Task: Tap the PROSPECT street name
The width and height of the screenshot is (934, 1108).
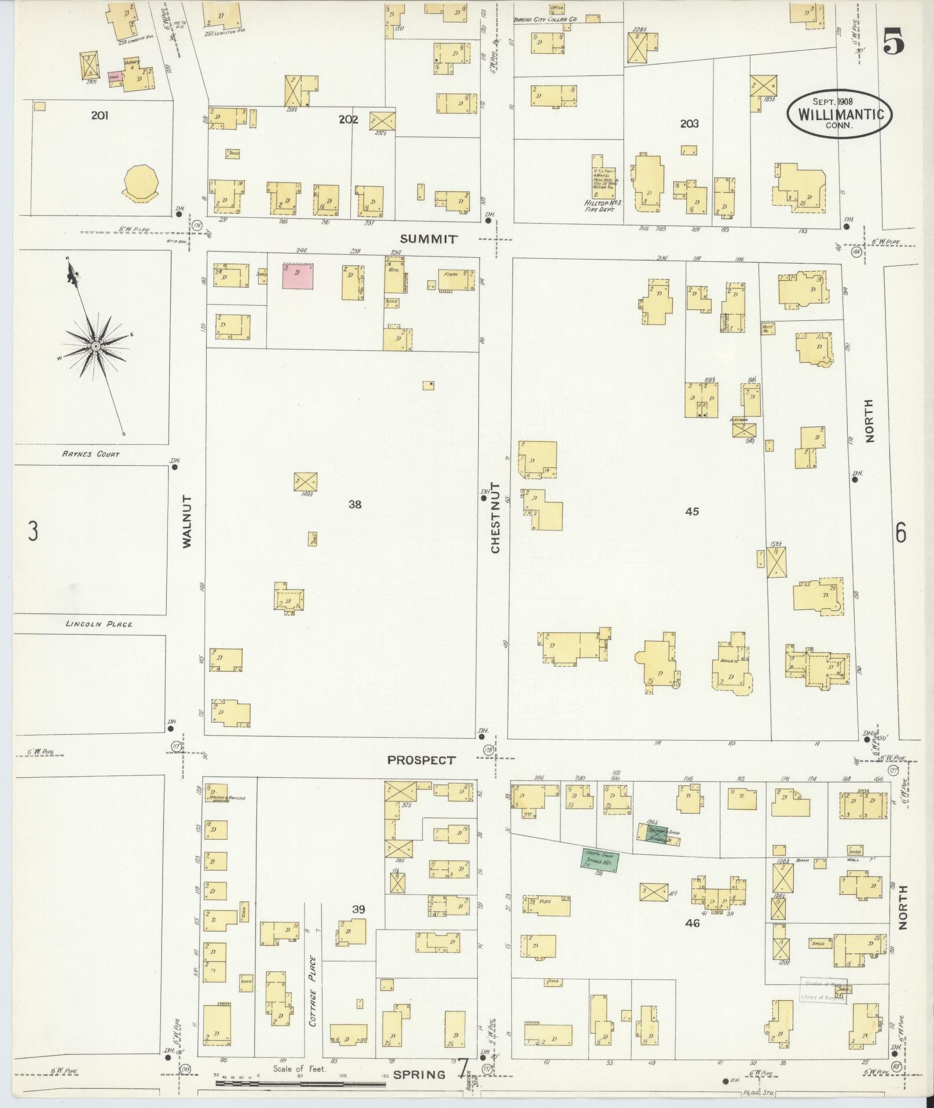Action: click(422, 760)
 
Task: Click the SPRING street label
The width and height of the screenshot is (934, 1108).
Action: click(420, 1075)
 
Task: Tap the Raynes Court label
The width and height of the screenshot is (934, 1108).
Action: click(90, 454)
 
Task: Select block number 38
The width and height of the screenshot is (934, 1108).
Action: click(355, 504)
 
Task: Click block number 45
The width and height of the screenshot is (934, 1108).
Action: click(692, 511)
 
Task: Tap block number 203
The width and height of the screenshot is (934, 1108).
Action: click(689, 123)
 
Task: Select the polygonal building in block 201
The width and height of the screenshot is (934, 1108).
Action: click(140, 181)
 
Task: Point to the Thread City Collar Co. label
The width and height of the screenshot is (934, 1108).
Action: click(545, 19)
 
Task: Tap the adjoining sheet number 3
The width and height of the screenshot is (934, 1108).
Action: click(33, 531)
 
